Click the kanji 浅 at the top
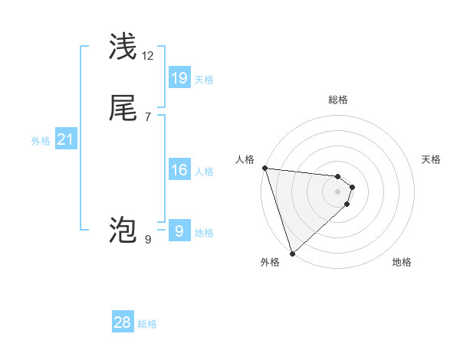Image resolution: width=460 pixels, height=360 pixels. tap(123, 47)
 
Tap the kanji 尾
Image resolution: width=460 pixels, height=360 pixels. tap(123, 109)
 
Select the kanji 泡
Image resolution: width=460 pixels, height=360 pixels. tap(123, 230)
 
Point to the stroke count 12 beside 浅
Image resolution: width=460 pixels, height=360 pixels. tap(148, 55)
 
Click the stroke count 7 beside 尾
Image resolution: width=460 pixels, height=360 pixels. tap(148, 116)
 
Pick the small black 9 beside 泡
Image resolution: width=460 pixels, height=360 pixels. tap(148, 239)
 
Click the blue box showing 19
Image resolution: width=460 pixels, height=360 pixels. tap(179, 78)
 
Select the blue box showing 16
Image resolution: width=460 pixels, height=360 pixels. tap(179, 170)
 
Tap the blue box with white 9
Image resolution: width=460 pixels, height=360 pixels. tap(179, 231)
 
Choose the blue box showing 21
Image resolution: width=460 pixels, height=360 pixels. tap(66, 139)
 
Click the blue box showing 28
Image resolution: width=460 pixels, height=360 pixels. tap(123, 322)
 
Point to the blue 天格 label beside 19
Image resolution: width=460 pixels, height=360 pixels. tap(204, 80)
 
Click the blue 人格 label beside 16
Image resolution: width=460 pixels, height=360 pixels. tap(204, 172)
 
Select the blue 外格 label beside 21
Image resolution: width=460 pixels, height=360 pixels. tap(41, 141)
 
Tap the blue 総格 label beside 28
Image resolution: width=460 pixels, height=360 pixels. tap(147, 324)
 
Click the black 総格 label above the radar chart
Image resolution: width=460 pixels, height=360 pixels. tap(338, 100)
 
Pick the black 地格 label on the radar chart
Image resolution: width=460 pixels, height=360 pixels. tap(402, 263)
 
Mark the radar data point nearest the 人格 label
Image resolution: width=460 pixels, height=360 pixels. tap(264, 168)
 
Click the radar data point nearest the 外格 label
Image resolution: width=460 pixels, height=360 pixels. tap(292, 254)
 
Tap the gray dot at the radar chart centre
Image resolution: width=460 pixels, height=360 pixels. tap(338, 191)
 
